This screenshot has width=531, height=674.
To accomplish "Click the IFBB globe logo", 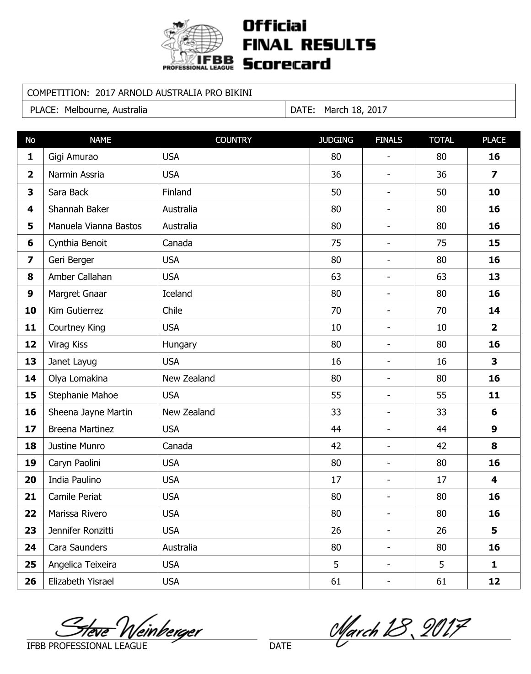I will point(198,45).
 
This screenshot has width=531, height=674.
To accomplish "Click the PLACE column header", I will point(493,140).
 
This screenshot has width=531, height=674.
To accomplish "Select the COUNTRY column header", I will point(233,140).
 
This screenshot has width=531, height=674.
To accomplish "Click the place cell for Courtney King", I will point(494,327).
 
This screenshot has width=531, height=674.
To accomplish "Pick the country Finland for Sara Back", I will point(177,192).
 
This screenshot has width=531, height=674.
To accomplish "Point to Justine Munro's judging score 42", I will point(336,446).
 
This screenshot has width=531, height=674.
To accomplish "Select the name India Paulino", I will point(75,480).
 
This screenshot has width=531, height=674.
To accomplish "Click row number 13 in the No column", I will point(30,361).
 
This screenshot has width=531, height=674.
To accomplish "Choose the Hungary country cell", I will point(179,344).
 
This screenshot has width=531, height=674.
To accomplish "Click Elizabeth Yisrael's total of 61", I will point(441,581).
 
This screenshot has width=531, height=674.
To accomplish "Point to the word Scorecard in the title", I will point(286,64).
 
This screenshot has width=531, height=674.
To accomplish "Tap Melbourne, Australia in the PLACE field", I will point(106,110).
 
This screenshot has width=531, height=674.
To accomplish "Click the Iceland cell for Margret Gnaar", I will point(177,294).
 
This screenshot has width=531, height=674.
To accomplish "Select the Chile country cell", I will point(172,310).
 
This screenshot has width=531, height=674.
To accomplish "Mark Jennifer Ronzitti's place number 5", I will point(494,530).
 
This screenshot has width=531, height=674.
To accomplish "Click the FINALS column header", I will point(388,140).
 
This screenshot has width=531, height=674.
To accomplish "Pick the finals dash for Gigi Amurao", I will point(388,157).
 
